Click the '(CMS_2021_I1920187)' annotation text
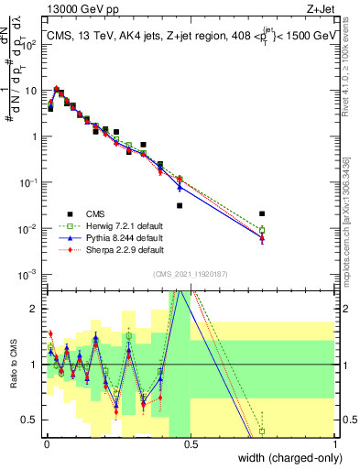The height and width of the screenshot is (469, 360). click(191, 274)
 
